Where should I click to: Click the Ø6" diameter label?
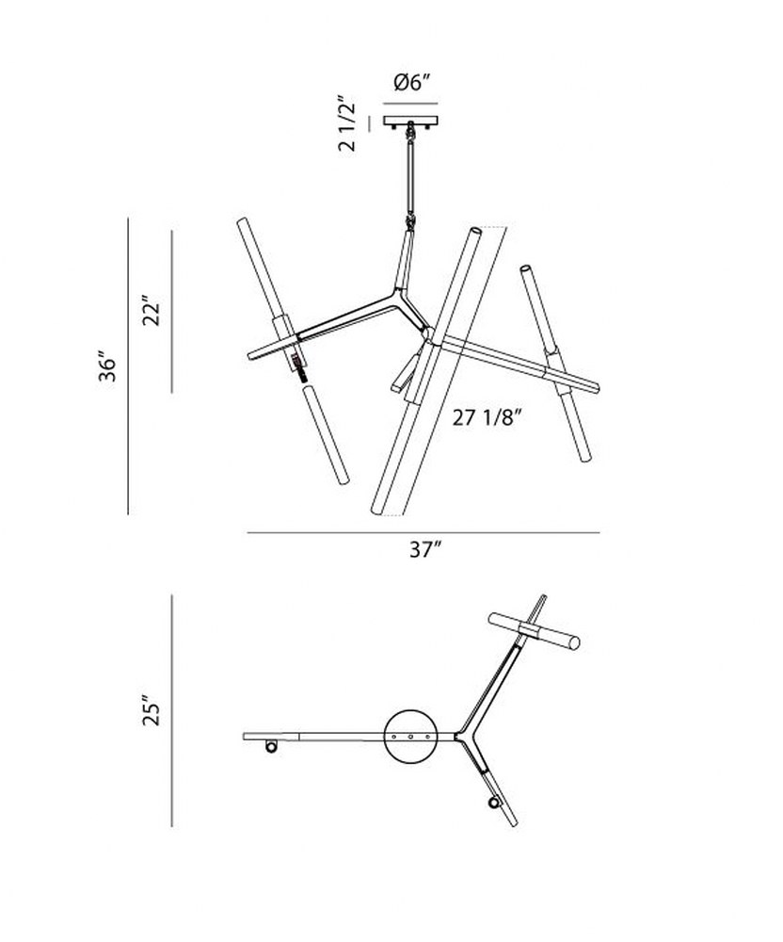pos(413,82)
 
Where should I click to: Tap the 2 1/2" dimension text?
pos(347,123)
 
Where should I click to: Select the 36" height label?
pos(108,365)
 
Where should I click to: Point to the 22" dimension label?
pos(152,311)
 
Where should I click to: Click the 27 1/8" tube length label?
pos(485,416)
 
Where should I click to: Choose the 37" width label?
pos(426,548)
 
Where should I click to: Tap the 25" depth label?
pos(152,710)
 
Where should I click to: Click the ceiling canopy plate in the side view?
pos(411,121)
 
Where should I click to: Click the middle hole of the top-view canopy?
pos(411,736)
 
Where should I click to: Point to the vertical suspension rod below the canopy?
pos(411,176)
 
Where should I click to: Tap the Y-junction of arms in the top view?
pos(463,735)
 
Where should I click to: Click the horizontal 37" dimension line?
pos(423,532)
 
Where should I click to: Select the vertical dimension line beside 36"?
pos(128,365)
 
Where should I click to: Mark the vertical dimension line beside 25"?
pos(172,710)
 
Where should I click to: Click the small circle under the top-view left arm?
pos(271,747)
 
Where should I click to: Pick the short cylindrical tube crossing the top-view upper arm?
pos(535,631)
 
